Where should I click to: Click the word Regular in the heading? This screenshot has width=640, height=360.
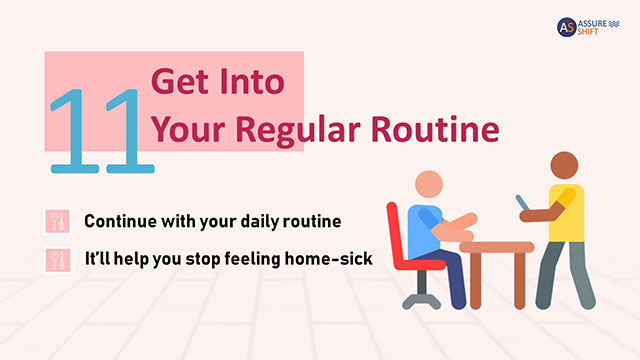click(x=302, y=129)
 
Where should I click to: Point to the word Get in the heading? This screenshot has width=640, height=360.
click(x=176, y=82)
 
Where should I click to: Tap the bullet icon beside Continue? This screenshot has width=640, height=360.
click(x=57, y=220)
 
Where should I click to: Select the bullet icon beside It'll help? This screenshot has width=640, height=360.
click(x=57, y=259)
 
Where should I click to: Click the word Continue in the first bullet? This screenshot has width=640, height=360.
click(x=125, y=220)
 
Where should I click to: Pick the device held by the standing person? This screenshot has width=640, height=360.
click(x=523, y=204)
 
